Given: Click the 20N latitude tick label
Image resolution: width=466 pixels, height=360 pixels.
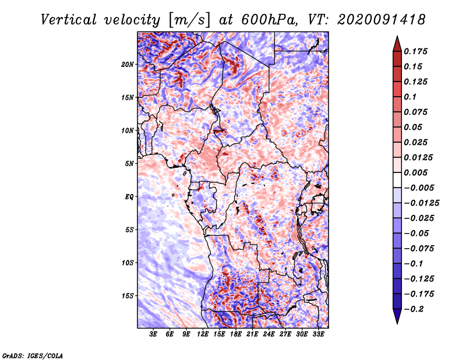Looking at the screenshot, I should [x=128, y=64].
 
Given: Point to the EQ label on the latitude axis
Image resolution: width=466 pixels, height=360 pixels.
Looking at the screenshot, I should [x=129, y=196].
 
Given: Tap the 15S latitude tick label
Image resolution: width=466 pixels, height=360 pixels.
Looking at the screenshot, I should [x=128, y=295].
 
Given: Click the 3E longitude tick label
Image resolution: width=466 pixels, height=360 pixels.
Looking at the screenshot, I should [x=154, y=334].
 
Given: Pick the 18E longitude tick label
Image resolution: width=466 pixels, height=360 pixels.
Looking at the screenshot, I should [x=236, y=334].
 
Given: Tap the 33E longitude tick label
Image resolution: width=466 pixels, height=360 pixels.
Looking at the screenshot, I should [x=318, y=334].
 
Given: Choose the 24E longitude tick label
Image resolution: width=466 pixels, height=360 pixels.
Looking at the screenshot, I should [x=269, y=334].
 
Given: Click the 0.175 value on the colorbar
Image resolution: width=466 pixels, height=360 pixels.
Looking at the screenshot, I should [x=416, y=51].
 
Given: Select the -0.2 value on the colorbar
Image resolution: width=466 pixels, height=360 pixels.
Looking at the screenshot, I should [x=416, y=309].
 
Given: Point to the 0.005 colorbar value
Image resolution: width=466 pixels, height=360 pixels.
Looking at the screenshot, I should [x=416, y=172].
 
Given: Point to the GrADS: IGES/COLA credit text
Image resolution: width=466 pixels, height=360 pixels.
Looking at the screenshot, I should [x=32, y=355].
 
